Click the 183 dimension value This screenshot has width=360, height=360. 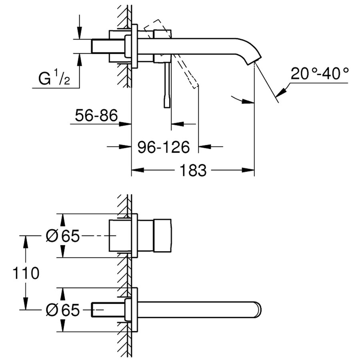pyautogui.click(x=193, y=171)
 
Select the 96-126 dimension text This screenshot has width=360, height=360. pyautogui.click(x=164, y=148)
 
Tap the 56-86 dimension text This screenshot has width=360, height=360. pyautogui.click(x=96, y=116)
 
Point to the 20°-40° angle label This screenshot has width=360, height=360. pyautogui.click(x=319, y=74)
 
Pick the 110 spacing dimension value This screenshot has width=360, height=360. pyautogui.click(x=26, y=273)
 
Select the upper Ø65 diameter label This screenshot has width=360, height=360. pyautogui.click(x=63, y=236)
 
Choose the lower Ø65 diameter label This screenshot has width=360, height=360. pyautogui.click(x=63, y=310)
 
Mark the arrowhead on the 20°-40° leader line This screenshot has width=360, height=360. pyautogui.click(x=281, y=91)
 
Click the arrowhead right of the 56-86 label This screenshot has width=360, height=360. pyautogui.click(x=127, y=124)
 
